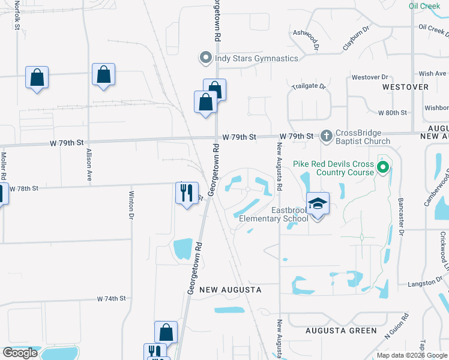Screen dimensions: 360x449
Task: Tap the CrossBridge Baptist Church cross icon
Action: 327,136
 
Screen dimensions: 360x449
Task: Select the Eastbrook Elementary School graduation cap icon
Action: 318,205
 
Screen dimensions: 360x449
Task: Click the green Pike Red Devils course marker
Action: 382,166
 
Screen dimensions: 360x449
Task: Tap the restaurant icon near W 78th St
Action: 187,193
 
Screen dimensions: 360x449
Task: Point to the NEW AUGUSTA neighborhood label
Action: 231,290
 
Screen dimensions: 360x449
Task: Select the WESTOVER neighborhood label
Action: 406,87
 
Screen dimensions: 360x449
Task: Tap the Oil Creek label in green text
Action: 424,6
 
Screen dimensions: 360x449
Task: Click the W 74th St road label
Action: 112,298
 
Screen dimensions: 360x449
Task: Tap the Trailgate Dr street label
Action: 309,86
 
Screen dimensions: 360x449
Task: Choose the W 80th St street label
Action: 392,113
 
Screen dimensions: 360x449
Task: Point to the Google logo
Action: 20,353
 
